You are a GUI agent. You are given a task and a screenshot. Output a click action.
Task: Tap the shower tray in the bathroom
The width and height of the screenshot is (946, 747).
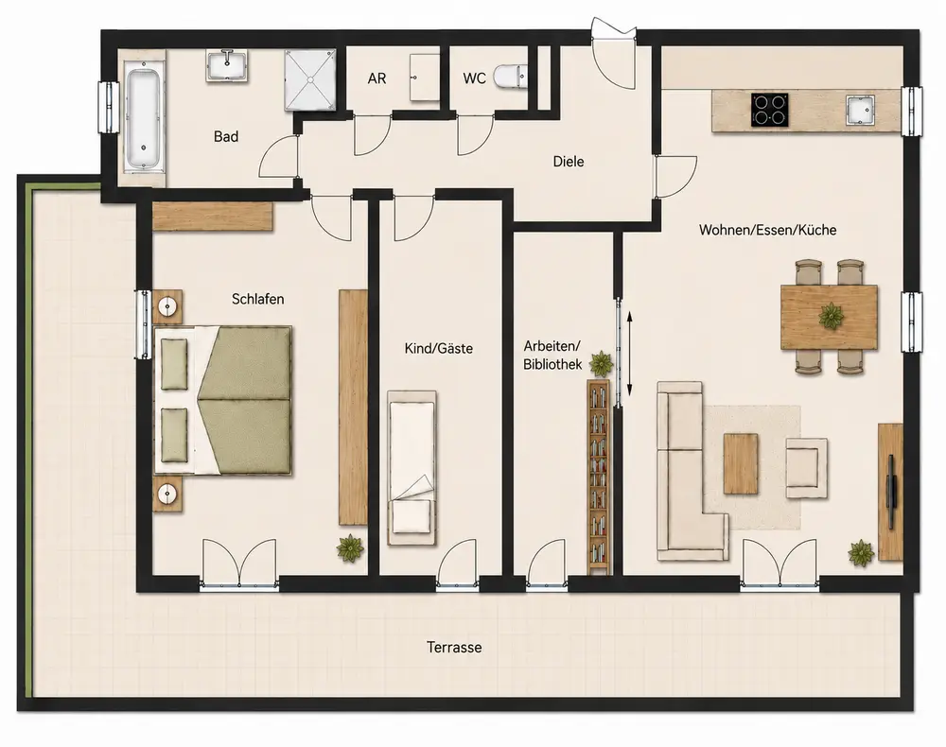(310, 79)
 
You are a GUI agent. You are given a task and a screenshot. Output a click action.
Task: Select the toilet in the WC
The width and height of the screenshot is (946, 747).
(510, 77)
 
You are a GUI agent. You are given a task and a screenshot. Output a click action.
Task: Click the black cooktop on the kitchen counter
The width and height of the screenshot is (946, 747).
(770, 110)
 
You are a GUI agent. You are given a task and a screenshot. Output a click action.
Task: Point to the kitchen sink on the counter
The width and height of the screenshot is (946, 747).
(860, 111)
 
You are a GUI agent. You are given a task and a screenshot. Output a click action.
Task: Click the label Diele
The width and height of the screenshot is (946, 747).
(569, 162)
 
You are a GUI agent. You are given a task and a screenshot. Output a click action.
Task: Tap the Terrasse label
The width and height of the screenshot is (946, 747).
(454, 648)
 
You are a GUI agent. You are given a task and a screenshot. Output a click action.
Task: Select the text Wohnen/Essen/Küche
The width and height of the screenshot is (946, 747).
(767, 230)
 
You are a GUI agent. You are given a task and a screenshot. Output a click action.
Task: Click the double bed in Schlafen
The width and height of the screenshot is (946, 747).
(222, 400)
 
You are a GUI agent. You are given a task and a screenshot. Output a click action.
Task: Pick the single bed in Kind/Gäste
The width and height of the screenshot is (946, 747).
(412, 468)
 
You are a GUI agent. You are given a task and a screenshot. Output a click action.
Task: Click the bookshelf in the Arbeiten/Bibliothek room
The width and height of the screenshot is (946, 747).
(599, 477)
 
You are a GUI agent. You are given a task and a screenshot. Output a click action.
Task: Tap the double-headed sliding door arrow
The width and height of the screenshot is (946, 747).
(629, 354)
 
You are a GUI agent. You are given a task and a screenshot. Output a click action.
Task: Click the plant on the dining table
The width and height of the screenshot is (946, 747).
(832, 315)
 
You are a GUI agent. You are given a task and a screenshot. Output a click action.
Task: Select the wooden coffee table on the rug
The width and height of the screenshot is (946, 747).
(741, 463)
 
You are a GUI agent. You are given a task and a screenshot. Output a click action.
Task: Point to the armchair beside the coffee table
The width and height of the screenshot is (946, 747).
(806, 468)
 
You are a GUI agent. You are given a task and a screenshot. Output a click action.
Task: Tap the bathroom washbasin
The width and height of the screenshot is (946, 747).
(227, 65)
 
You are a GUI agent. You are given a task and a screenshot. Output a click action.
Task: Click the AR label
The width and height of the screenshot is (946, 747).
(377, 78)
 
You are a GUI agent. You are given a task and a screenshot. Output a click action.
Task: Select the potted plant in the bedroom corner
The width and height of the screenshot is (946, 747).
(350, 548)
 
